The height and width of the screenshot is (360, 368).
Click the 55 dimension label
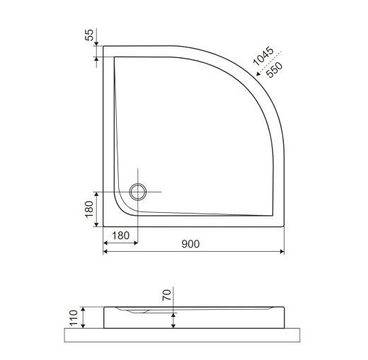89,35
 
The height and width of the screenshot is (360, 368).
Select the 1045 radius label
263,56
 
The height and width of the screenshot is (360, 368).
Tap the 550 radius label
275,70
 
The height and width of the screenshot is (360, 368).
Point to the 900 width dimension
190,244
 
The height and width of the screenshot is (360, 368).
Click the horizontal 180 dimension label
120,236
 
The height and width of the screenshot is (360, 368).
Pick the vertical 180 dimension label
89,209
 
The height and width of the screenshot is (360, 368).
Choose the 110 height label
74,318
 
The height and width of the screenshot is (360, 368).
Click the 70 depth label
166,295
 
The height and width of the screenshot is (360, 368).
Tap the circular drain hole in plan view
138,192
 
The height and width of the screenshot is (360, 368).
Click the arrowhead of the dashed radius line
259,74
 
